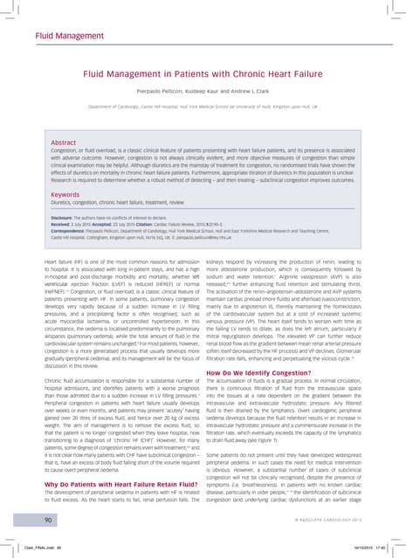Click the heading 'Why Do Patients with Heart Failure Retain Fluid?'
click(119, 458)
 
